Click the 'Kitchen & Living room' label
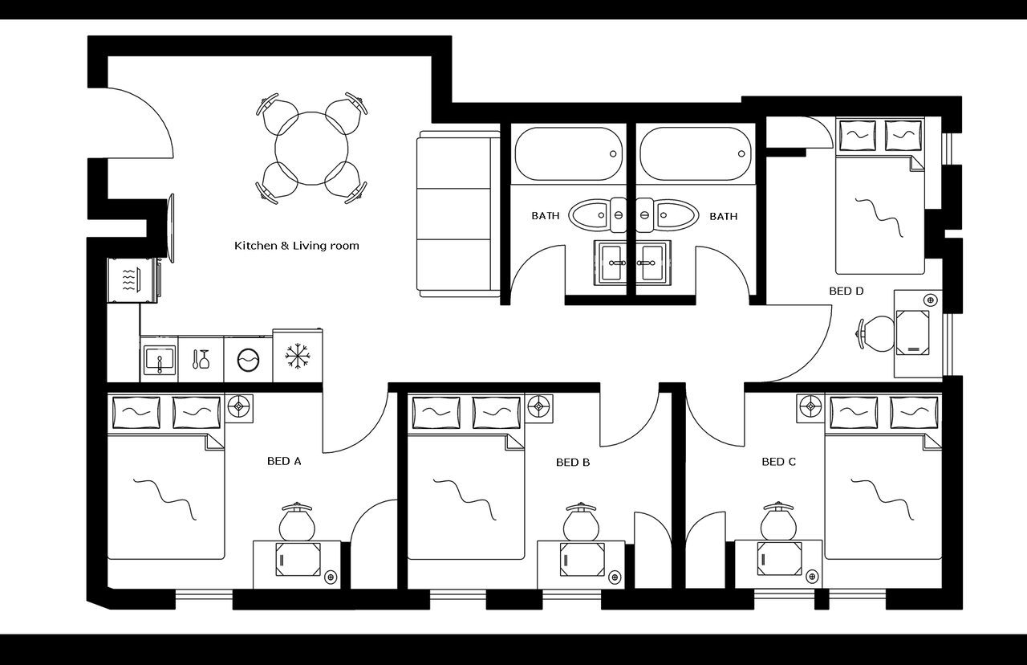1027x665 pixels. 296,246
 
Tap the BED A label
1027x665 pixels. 284,461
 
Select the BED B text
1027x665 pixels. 573,462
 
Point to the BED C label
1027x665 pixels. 778,462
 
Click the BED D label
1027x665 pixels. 846,291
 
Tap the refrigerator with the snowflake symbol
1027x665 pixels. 298,356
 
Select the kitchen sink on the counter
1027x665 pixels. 159,359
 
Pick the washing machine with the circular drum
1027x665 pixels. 248,359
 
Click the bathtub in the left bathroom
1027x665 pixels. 568,154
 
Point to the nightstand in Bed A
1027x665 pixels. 239,407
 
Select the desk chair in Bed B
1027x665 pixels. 580,521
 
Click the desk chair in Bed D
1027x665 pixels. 875,333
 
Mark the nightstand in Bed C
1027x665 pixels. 810,407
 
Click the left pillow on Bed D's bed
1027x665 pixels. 858,134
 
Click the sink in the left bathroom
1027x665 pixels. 614,262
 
